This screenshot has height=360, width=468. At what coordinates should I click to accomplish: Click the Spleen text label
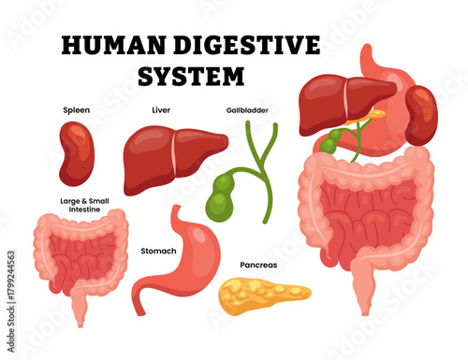[x=76, y=110]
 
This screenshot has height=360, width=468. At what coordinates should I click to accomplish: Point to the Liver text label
[x=160, y=110]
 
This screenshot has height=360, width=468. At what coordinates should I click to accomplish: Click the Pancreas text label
[x=258, y=265]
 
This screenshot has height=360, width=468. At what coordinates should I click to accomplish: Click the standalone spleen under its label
[x=77, y=152]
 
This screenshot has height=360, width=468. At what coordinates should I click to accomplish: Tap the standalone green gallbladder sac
[x=223, y=194]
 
